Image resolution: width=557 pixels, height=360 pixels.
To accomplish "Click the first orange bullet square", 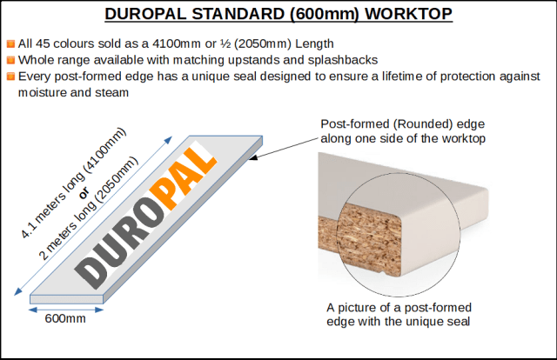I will click(10, 44).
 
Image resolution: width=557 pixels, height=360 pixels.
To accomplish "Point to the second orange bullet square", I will click(10, 60).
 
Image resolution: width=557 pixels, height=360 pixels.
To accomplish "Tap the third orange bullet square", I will click(10, 77).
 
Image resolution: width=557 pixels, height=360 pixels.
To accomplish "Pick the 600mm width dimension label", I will click(66, 319).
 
